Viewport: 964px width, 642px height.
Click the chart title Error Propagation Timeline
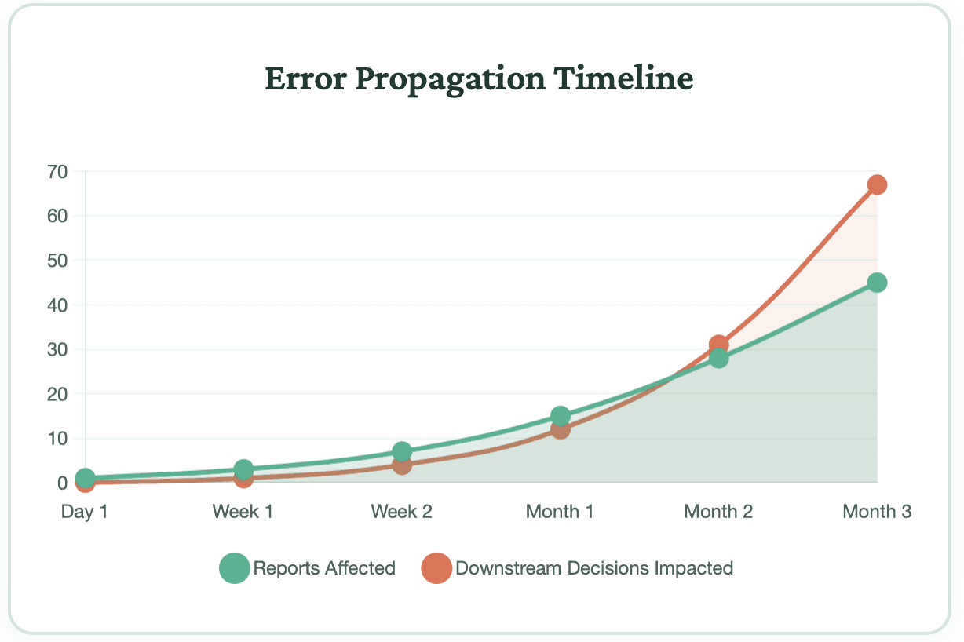pos(479,78)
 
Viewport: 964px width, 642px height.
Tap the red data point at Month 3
pos(877,185)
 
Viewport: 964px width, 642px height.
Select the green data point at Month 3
pos(877,283)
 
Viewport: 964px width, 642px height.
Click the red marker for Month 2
pos(718,345)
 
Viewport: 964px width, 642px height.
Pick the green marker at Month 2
pos(718,359)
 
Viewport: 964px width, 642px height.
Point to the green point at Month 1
pos(560,416)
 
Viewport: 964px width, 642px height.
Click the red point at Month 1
pos(560,429)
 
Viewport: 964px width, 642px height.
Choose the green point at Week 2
pos(402,451)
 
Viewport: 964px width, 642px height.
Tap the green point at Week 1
pos(243,469)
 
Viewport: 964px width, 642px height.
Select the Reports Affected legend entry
pos(308,568)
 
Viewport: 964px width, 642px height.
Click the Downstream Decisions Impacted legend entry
pos(578,568)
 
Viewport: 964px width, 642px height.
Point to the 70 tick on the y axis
pos(57,171)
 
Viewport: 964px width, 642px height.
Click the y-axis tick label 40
pos(57,305)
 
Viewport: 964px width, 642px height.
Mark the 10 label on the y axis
pos(57,438)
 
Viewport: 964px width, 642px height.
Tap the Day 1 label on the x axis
pos(85,512)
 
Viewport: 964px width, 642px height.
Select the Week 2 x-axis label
pos(402,512)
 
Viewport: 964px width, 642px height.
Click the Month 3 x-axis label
pos(877,512)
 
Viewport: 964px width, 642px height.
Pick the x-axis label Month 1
pos(560,512)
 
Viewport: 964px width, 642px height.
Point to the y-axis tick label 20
pos(57,394)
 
